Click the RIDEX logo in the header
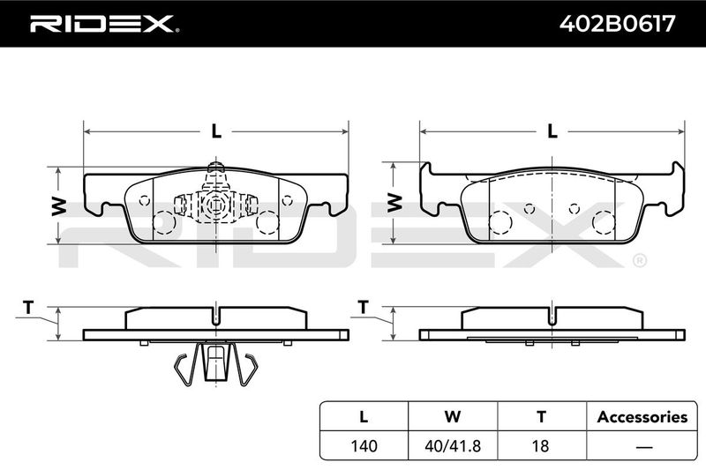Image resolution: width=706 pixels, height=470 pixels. pos(104,24)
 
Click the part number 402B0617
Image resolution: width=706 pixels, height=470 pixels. pos(617,24)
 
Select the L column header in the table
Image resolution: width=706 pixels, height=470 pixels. pos(364,416)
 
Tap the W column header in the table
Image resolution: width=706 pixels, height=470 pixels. pos(453,416)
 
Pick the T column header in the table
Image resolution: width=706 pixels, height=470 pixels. pos(541,416)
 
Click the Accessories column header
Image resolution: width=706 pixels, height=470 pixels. pos(642,417)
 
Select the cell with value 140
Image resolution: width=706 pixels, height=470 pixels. pos(364,445)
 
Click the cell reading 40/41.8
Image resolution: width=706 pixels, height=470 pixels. pos(453,445)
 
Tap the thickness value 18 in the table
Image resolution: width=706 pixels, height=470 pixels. pos(540,445)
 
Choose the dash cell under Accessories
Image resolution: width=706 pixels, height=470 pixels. pos(644,447)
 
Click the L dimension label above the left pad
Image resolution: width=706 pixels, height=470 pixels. pos(216,131)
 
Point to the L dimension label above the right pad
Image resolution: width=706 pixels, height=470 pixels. pos(552,131)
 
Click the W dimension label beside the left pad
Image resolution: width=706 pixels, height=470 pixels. pos(59,206)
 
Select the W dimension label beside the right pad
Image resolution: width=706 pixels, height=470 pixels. pos(394,203)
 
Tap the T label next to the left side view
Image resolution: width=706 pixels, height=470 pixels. pos(28,308)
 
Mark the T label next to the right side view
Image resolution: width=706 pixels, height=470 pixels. pos(363,307)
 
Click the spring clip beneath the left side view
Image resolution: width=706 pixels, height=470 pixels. pos(216,363)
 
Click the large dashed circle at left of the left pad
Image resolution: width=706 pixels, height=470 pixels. pos(164,222)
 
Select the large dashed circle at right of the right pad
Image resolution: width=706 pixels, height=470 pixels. pos(604,222)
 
